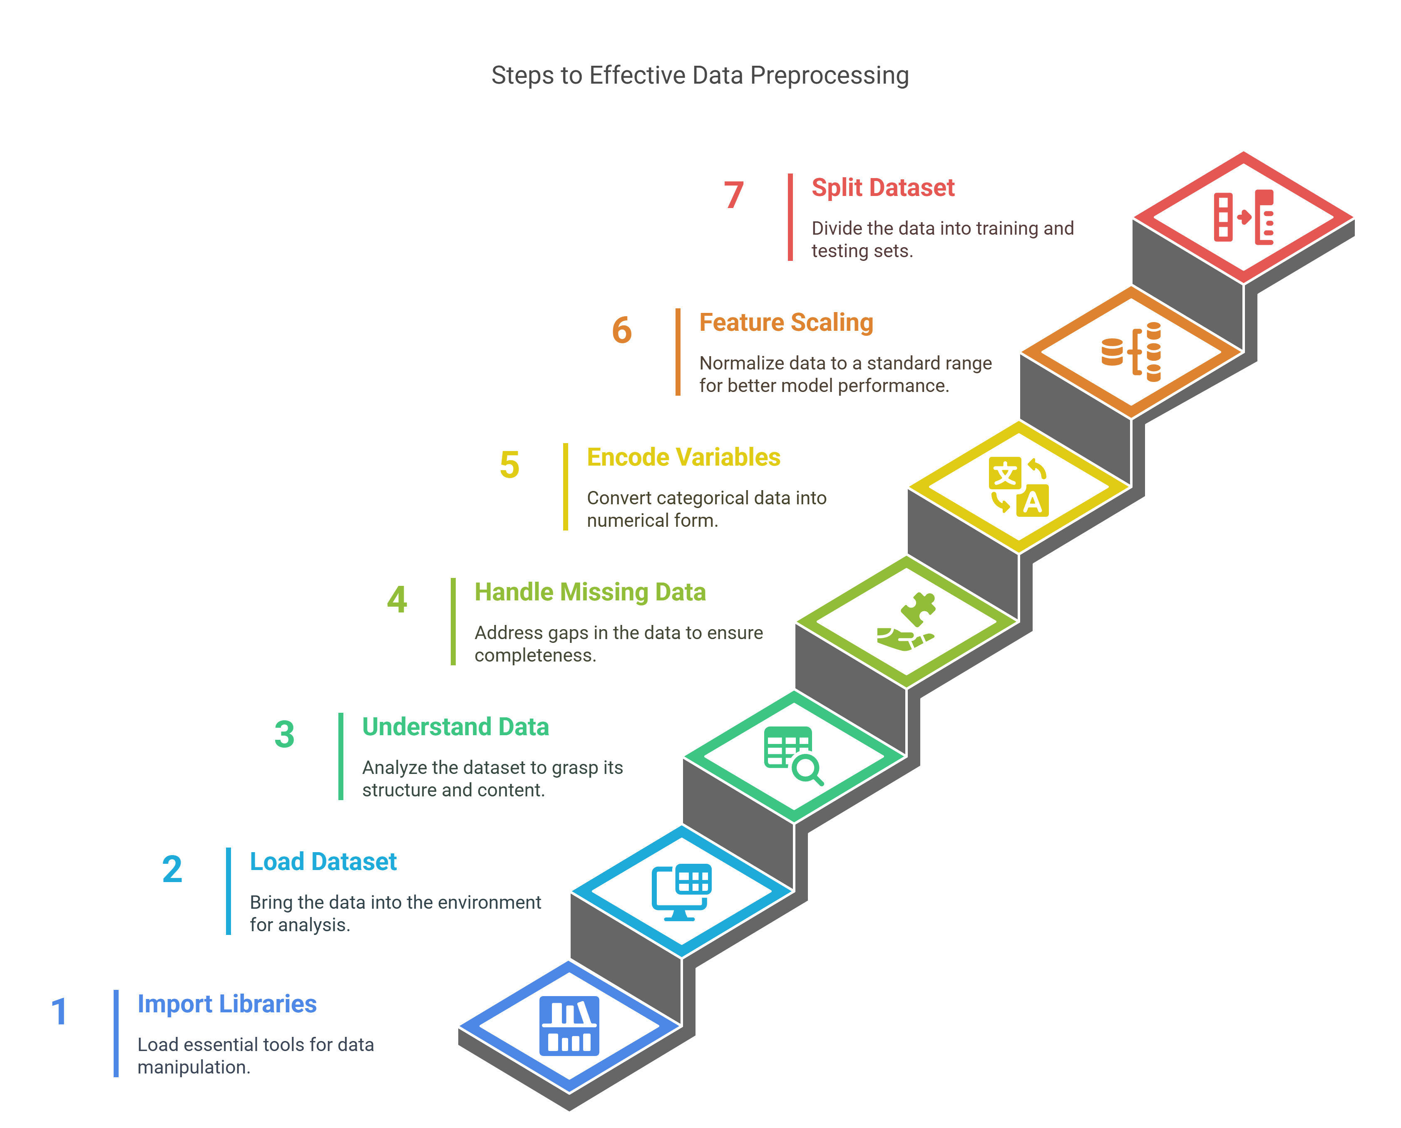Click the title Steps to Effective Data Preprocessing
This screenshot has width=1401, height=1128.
pyautogui.click(x=700, y=75)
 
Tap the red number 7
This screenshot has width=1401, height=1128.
pyautogui.click(x=734, y=195)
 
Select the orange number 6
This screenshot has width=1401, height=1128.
pyautogui.click(x=622, y=330)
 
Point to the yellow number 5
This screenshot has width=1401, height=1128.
pyautogui.click(x=509, y=465)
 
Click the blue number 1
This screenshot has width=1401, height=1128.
pyautogui.click(x=59, y=1011)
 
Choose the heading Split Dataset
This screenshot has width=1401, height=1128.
pyautogui.click(x=883, y=188)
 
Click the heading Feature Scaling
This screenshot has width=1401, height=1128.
pyautogui.click(x=786, y=323)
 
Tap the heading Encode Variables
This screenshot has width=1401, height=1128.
pyautogui.click(x=683, y=457)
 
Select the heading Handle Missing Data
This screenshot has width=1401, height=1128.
pyautogui.click(x=590, y=593)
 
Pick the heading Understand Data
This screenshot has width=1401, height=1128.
pyautogui.click(x=455, y=727)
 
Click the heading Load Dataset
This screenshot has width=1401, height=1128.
pyautogui.click(x=323, y=862)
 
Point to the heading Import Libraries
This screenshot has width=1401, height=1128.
pyautogui.click(x=227, y=1004)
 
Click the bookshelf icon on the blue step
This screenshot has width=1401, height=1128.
pyautogui.click(x=569, y=1026)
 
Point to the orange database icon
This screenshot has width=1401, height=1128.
pyautogui.click(x=1131, y=352)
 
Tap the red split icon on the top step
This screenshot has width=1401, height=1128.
pyautogui.click(x=1244, y=217)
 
